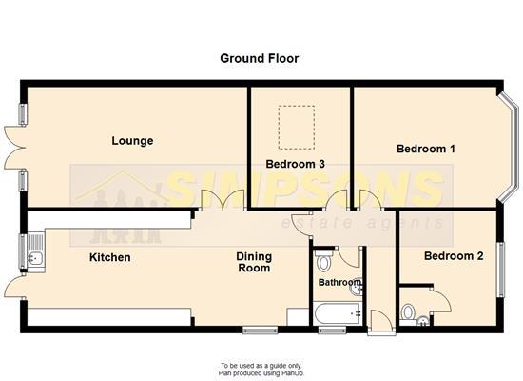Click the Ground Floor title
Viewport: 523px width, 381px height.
click(x=260, y=58)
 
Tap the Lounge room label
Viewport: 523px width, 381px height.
click(x=132, y=141)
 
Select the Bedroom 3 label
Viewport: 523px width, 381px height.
click(x=295, y=164)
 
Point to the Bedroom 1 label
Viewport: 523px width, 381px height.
click(x=426, y=149)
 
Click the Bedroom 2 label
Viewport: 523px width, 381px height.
click(x=454, y=256)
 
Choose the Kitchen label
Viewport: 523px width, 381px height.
click(x=109, y=257)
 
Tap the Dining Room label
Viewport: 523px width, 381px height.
click(x=254, y=262)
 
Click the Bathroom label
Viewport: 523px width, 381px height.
click(x=339, y=282)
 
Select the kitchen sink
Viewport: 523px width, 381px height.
click(x=35, y=250)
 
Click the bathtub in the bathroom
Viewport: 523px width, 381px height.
click(x=338, y=313)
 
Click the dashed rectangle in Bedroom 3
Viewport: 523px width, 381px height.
click(x=297, y=128)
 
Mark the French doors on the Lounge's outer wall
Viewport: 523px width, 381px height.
click(x=15, y=148)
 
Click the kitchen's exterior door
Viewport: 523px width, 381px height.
click(x=14, y=287)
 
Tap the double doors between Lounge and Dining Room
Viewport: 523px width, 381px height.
click(x=223, y=200)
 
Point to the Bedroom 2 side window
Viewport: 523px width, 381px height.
click(x=500, y=271)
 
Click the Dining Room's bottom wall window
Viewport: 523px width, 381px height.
click(x=261, y=331)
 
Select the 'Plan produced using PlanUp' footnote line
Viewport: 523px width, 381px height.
click(x=261, y=373)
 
